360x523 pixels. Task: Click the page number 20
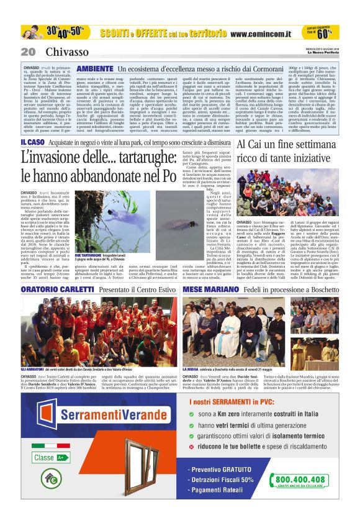coord(28,51)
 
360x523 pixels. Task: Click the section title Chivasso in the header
coord(63,51)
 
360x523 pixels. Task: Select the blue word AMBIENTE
coord(95,68)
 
